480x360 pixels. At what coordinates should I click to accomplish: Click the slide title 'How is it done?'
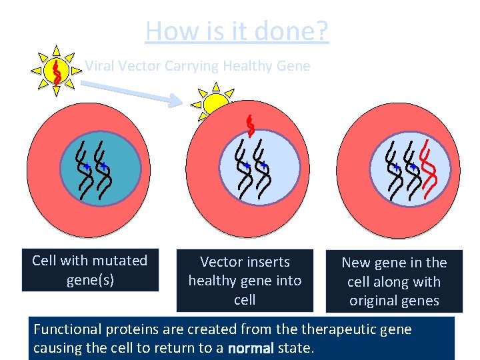point(237,31)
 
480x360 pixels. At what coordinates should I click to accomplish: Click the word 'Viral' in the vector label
point(99,66)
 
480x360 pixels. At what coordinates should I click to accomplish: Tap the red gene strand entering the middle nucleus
point(250,127)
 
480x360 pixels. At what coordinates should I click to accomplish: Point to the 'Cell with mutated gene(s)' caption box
point(90,270)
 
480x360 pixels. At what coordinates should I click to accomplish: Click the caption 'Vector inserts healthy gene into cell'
point(245,281)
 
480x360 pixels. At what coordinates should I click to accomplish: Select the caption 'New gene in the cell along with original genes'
point(394,282)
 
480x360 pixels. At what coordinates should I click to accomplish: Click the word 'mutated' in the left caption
point(121,261)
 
